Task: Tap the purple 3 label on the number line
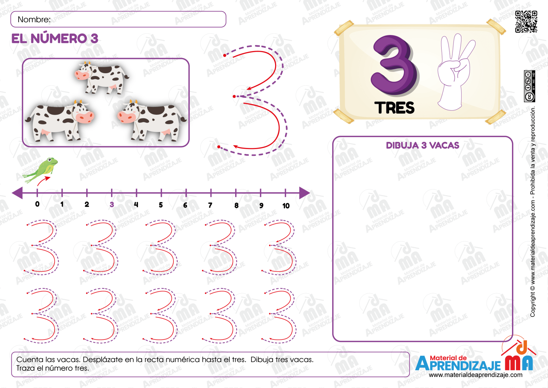pyautogui.click(x=112, y=204)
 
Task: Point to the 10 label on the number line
pyautogui.click(x=286, y=206)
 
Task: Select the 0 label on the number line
pyautogui.click(x=37, y=204)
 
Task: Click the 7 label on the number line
pyautogui.click(x=210, y=205)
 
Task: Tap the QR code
pyautogui.click(x=526, y=21)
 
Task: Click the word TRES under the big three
pyautogui.click(x=394, y=108)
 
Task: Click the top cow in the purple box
pyautogui.click(x=102, y=76)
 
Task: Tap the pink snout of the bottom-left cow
pyautogui.click(x=85, y=117)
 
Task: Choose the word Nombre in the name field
pyautogui.click(x=34, y=20)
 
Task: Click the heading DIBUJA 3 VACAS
pyautogui.click(x=422, y=145)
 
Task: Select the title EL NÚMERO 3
pyautogui.click(x=55, y=39)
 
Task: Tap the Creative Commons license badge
pyautogui.click(x=529, y=86)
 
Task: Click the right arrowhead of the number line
pyautogui.click(x=304, y=193)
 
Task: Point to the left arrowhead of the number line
pyautogui.click(x=17, y=193)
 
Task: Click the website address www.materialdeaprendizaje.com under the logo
pyautogui.click(x=475, y=375)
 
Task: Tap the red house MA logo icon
pyautogui.click(x=519, y=357)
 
